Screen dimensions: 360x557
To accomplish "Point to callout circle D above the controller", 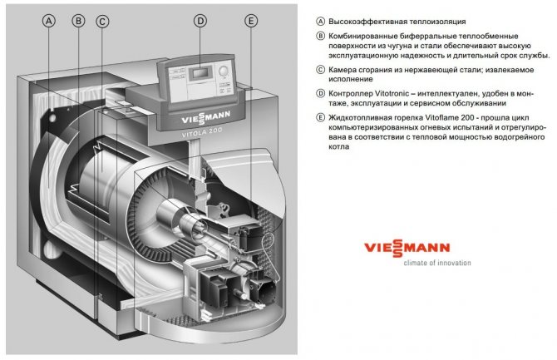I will click(x=200, y=22).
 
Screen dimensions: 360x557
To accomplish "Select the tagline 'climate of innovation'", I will click(x=413, y=263).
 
